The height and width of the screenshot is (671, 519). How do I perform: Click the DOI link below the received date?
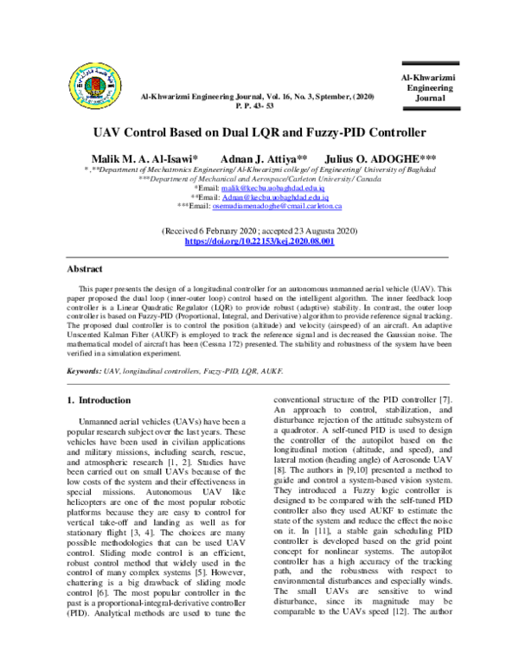pyautogui.click(x=259, y=241)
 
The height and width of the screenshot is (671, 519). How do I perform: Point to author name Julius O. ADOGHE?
pyautogui.click(x=380, y=160)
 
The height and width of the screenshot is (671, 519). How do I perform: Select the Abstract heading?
pyautogui.click(x=85, y=269)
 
